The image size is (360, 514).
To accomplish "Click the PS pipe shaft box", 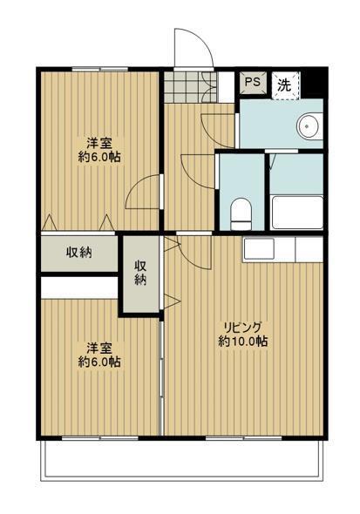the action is pyautogui.click(x=253, y=82).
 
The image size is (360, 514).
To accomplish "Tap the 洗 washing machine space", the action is pyautogui.click(x=285, y=85).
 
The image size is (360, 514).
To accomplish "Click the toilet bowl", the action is pyautogui.click(x=241, y=213).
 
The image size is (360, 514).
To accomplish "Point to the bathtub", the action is pyautogui.click(x=297, y=213).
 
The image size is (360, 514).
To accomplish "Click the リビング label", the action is pyautogui.click(x=243, y=327).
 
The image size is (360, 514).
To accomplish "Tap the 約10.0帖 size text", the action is pyautogui.click(x=243, y=342).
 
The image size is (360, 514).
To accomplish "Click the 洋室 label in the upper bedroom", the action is pyautogui.click(x=99, y=143).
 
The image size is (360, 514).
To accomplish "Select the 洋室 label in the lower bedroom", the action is pyautogui.click(x=99, y=348).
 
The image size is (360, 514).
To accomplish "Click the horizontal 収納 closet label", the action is pyautogui.click(x=79, y=252).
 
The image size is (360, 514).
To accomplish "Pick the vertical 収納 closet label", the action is pyautogui.click(x=140, y=273).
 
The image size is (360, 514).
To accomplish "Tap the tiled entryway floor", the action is pyautogui.click(x=190, y=87).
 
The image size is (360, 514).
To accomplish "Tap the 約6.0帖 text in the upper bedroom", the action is pyautogui.click(x=99, y=158).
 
